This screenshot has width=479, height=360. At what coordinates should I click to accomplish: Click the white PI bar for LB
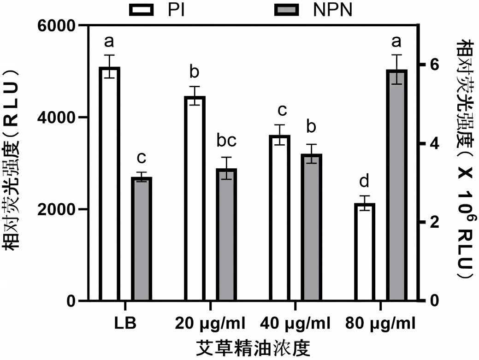point(109,184)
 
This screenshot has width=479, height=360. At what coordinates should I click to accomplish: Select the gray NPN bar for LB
point(141,239)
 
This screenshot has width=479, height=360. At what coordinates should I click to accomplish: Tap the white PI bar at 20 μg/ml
point(194,199)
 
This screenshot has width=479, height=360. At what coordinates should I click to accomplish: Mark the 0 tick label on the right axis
point(434,301)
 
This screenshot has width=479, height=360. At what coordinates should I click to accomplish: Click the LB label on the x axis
point(125,323)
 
